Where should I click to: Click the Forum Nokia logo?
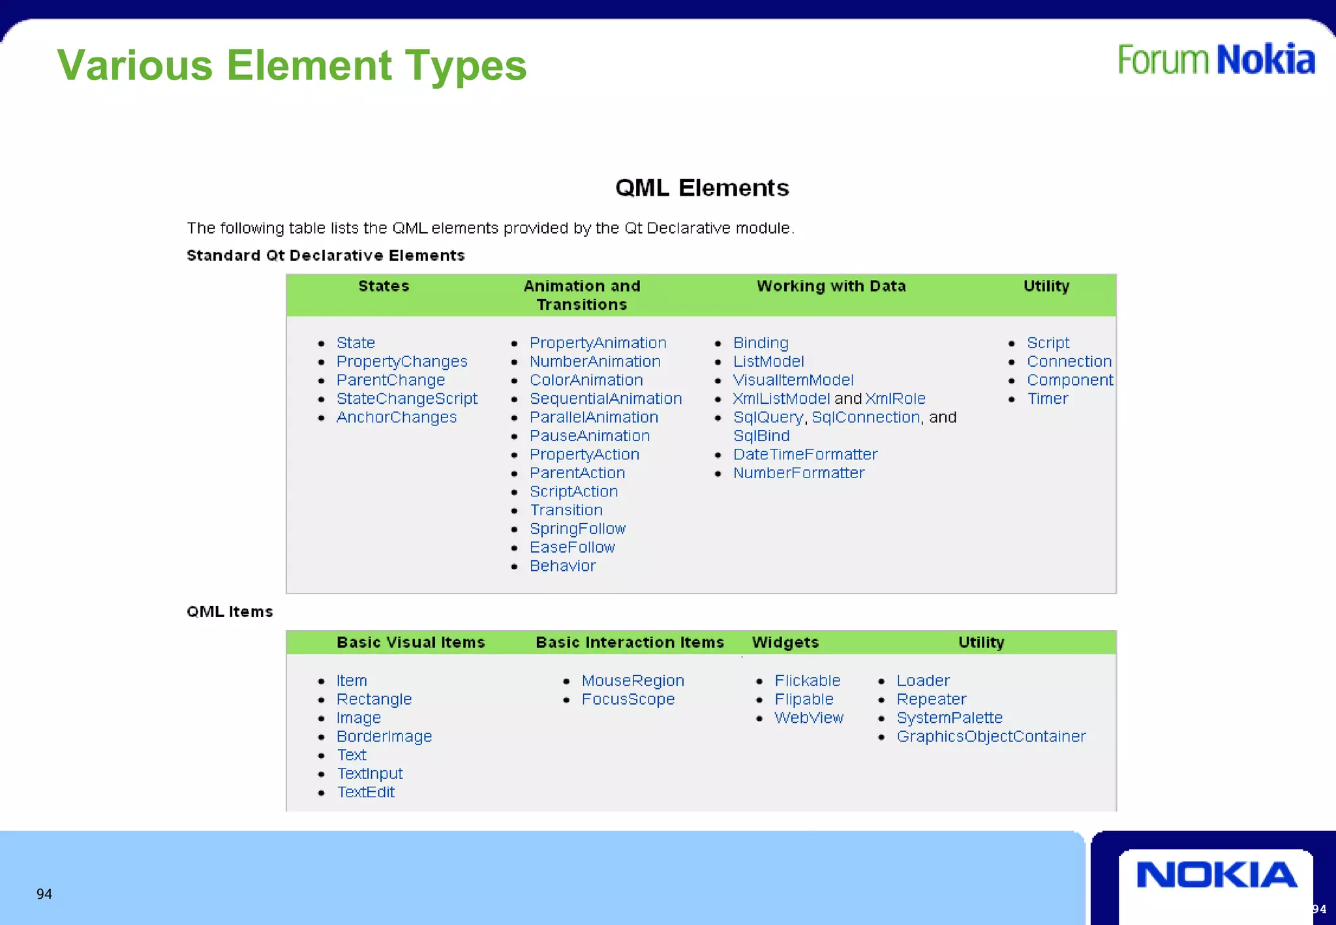1216,59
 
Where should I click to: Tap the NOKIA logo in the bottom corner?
1216,875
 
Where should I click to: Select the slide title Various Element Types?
292,65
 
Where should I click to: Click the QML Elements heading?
702,188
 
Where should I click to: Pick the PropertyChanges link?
402,361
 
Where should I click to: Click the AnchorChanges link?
397,417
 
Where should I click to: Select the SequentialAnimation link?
605,399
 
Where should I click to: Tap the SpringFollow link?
577,529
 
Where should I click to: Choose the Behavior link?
562,566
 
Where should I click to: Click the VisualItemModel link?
793,380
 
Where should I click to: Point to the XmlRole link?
895,399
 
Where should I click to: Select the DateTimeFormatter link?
805,455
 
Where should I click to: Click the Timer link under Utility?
1048,399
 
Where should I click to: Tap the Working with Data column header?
831,286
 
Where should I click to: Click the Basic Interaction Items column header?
630,643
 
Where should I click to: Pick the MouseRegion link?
633,681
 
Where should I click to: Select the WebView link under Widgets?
809,718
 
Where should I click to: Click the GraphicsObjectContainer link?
991,736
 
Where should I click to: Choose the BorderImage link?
384,736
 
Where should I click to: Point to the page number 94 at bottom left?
44,894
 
